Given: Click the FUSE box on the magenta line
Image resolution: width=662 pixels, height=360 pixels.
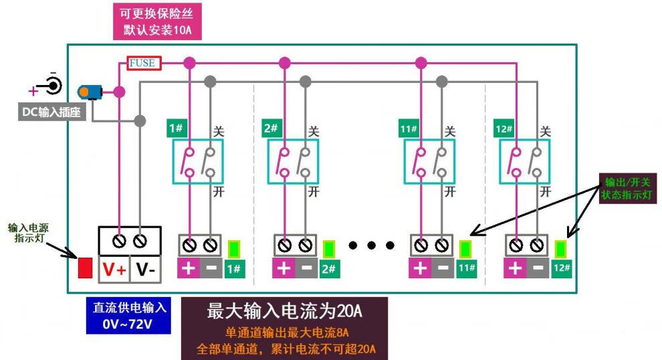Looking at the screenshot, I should (x=142, y=63).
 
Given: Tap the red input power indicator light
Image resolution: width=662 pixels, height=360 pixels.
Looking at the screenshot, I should (x=86, y=268).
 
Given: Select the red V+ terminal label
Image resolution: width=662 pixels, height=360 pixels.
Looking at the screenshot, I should (x=114, y=270).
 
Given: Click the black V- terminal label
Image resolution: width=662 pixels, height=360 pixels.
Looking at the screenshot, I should (x=146, y=270).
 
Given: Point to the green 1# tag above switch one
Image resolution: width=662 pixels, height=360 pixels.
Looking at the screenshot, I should (x=176, y=128).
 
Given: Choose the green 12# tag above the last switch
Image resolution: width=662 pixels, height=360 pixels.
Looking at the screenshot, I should (x=505, y=128).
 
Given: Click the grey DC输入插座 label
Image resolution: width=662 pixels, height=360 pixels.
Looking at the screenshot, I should (x=51, y=112).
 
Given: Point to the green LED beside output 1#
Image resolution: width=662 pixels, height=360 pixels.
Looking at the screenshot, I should (x=234, y=249).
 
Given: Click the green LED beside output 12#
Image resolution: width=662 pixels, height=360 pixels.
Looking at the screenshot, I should (x=562, y=249).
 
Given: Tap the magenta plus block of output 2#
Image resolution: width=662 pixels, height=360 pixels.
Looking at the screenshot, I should (x=284, y=268).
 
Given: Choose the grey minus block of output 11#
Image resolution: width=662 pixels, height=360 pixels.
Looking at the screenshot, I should (x=441, y=268).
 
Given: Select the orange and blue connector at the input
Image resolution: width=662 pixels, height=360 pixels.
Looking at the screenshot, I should (x=90, y=92).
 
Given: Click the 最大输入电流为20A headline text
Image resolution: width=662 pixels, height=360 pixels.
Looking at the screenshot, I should (x=285, y=311).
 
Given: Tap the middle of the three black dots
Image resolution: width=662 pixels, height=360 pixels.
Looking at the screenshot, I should (x=372, y=246).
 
